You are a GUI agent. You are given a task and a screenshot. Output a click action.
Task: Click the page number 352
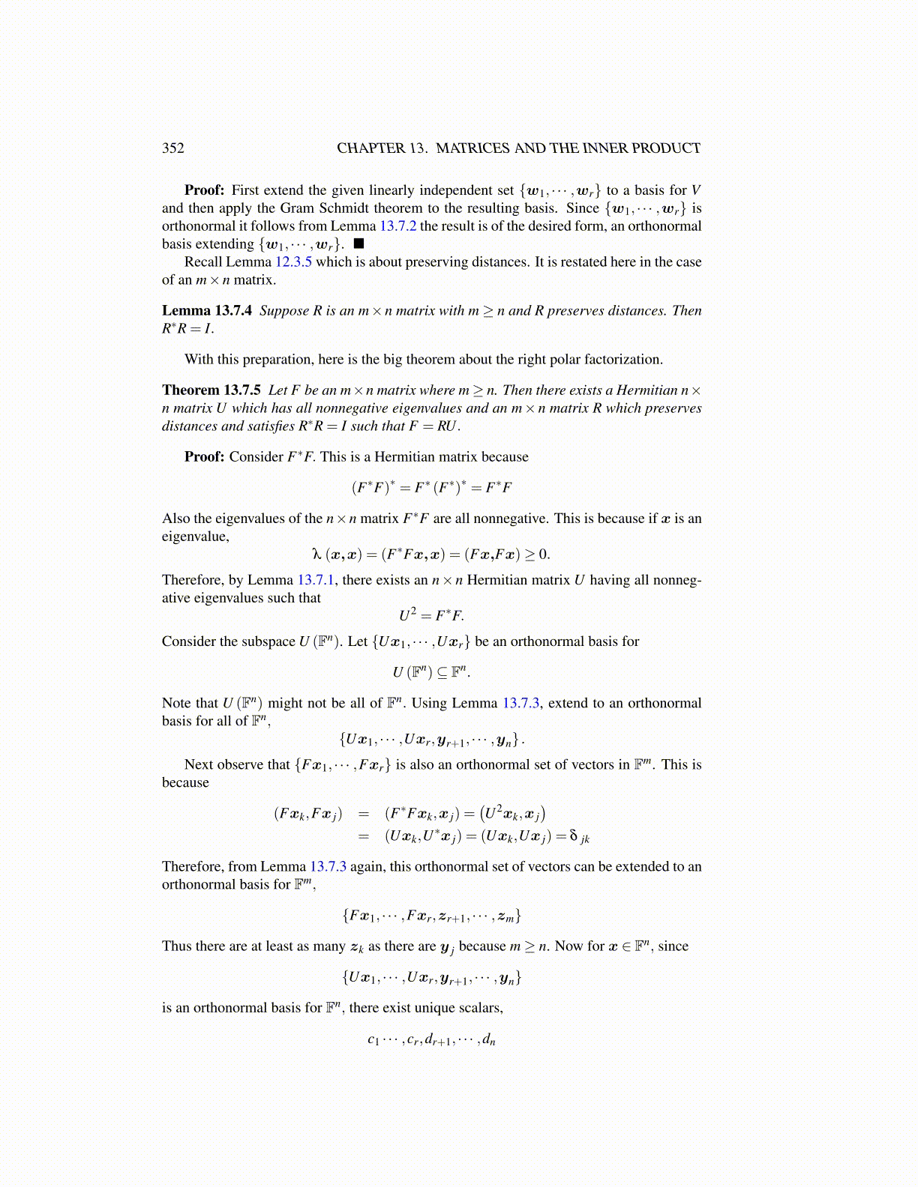pyautogui.click(x=173, y=148)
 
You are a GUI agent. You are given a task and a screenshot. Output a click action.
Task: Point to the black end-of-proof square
pyautogui.click(x=359, y=244)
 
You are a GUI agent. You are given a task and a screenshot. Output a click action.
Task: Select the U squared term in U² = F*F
pyautogui.click(x=406, y=615)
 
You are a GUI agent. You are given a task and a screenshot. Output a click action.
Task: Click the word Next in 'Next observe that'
pyautogui.click(x=199, y=764)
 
